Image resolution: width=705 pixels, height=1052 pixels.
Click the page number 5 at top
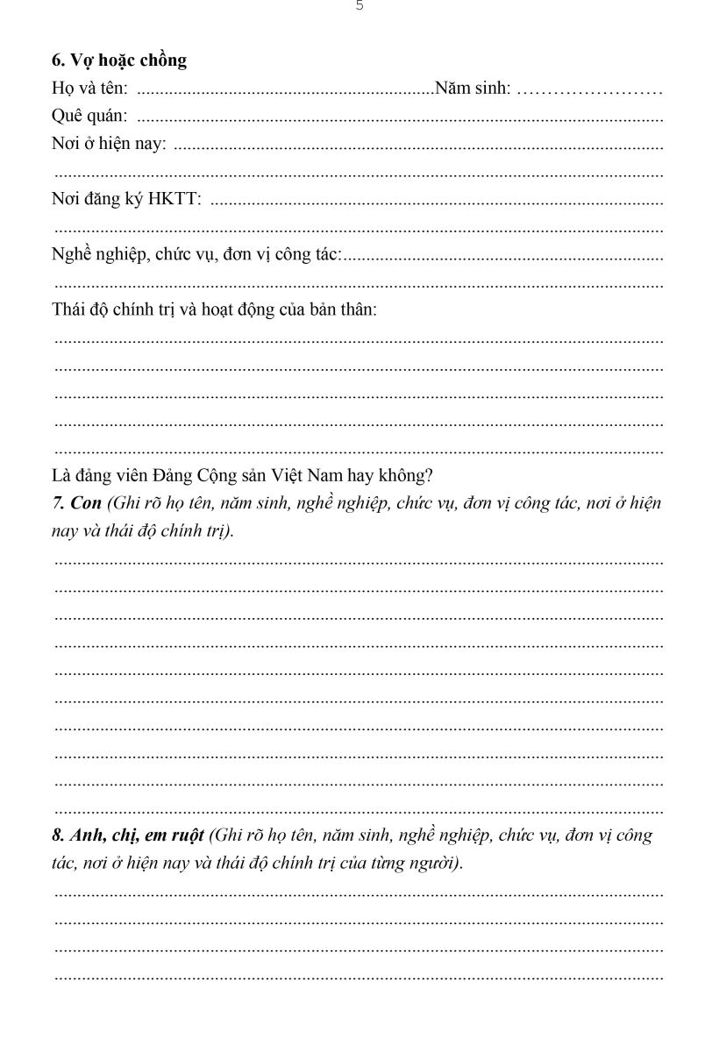click(360, 6)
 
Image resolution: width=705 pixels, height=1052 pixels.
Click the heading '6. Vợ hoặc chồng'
click(119, 60)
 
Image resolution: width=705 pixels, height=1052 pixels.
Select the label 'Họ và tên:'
click(90, 88)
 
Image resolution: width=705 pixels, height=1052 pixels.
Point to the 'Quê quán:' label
click(89, 116)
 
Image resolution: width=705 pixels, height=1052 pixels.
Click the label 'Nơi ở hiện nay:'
click(109, 144)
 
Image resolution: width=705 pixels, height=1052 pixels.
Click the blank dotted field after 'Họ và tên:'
click(285, 89)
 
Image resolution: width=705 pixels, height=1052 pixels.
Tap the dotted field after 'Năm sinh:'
click(589, 89)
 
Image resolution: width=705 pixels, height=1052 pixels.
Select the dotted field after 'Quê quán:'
click(399, 117)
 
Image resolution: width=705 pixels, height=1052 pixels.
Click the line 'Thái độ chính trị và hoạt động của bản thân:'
click(215, 309)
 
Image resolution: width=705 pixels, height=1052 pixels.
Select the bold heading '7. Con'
click(77, 503)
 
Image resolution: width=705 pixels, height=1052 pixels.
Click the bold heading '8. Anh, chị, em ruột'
click(128, 835)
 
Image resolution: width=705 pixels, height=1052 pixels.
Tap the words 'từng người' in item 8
click(416, 864)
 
